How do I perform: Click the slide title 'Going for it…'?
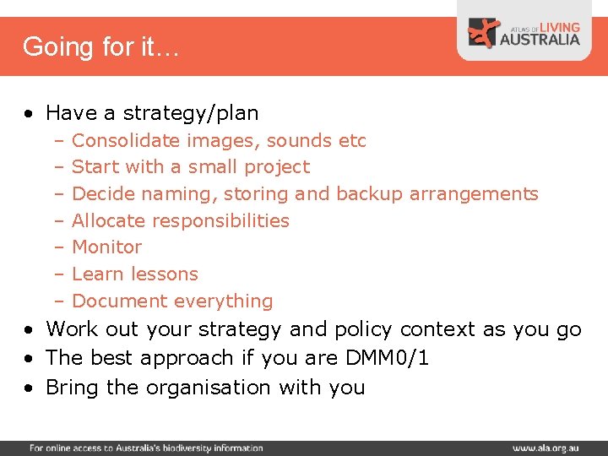(x=100, y=46)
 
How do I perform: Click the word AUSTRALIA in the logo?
(x=540, y=39)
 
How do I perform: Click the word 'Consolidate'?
(x=126, y=140)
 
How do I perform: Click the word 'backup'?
(x=370, y=194)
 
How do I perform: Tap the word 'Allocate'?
(x=108, y=221)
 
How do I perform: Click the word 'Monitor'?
(x=107, y=247)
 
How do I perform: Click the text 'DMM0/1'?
(x=388, y=358)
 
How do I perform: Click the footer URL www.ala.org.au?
(x=544, y=448)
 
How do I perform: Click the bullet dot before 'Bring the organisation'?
(x=30, y=388)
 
